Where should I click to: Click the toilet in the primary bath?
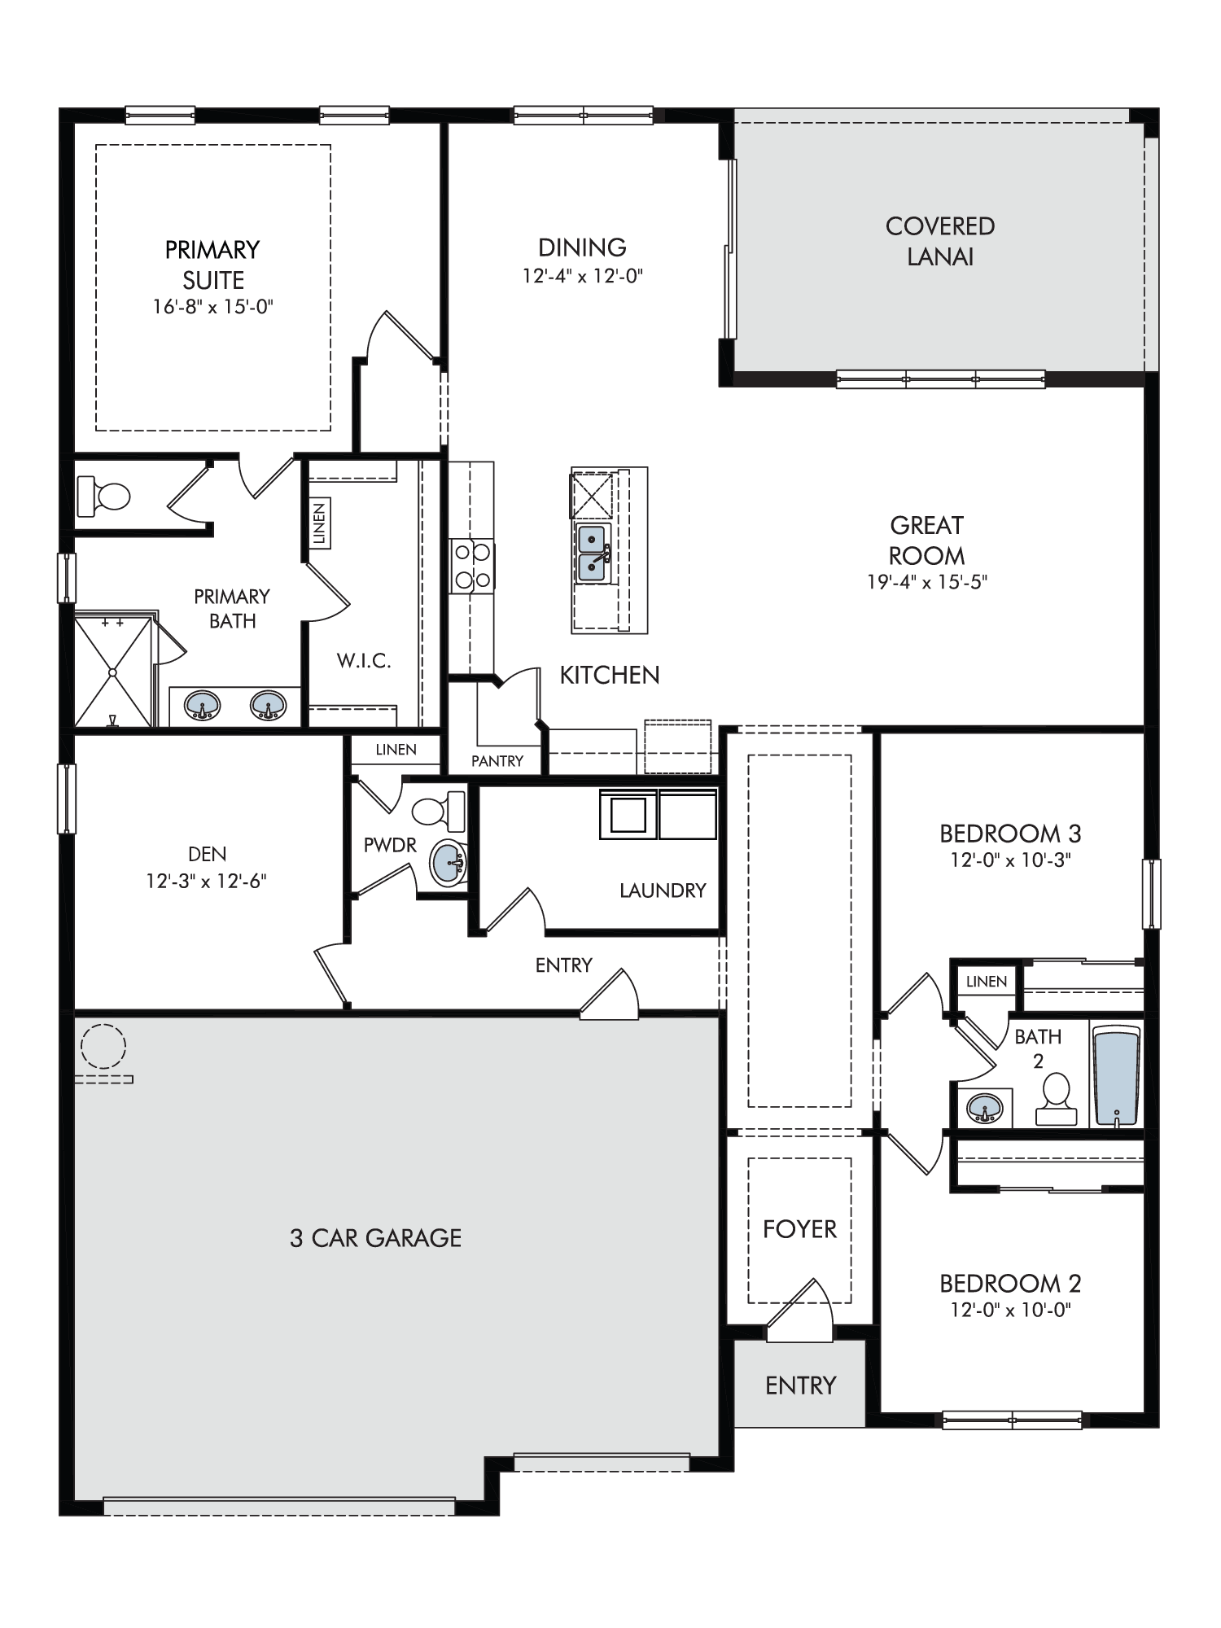tap(103, 496)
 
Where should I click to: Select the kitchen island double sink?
tap(593, 554)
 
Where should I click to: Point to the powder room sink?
tap(448, 864)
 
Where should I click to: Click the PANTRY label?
tap(497, 761)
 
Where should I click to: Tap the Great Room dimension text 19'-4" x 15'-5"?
tap(927, 582)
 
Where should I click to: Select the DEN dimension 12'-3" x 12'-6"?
tap(207, 881)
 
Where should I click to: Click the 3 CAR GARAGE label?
tap(376, 1238)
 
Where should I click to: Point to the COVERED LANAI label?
tap(940, 241)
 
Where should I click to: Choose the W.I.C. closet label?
tap(364, 661)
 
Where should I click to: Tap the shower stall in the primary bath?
tap(114, 671)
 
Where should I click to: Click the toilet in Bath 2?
tap(1057, 1099)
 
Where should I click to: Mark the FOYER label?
tap(799, 1228)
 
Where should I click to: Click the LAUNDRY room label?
tap(663, 891)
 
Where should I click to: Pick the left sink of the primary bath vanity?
tap(202, 705)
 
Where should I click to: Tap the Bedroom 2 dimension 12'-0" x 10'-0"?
tap(1010, 1310)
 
